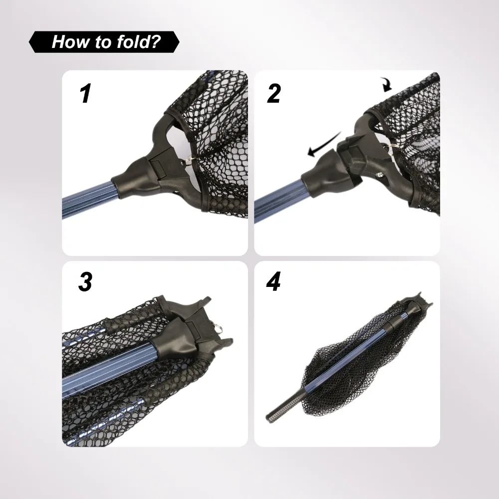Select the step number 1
click(x=85, y=93)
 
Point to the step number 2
click(x=273, y=93)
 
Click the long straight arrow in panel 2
click(x=324, y=145)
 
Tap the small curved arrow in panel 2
click(x=387, y=85)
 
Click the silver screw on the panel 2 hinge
click(x=380, y=174)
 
